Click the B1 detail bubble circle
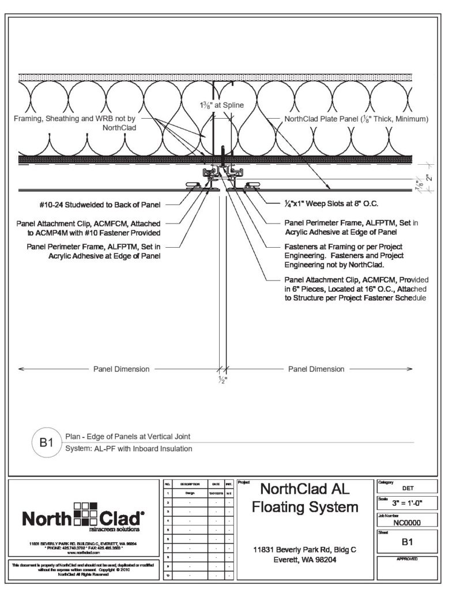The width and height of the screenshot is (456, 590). coord(46,443)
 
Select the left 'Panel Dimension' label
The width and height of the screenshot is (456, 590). coord(121,369)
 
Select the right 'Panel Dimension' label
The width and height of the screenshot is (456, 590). coord(316,369)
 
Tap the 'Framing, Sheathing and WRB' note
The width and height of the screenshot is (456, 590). coord(75,123)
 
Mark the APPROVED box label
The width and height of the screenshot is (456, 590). coord(407,559)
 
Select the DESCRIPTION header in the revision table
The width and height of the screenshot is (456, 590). coord(190,485)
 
